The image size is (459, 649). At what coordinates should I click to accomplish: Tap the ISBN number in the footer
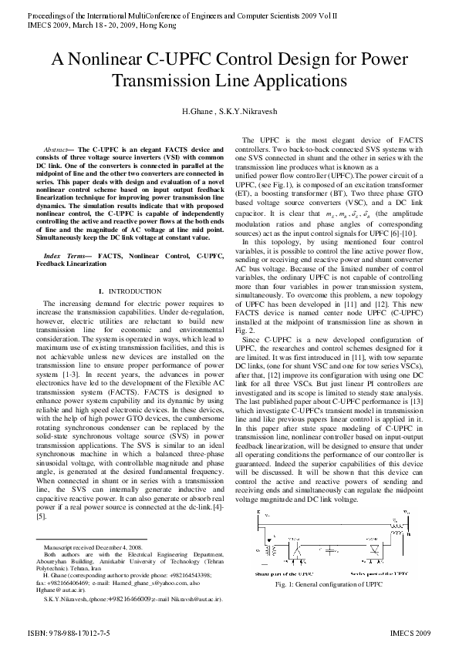69,631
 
